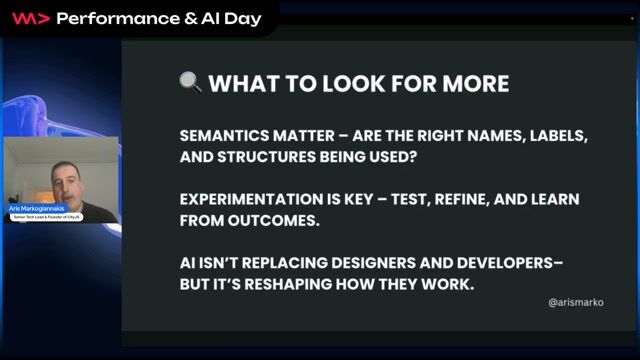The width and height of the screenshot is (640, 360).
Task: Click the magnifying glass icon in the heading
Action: click(190, 81)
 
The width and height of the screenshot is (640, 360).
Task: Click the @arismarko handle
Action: click(576, 301)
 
